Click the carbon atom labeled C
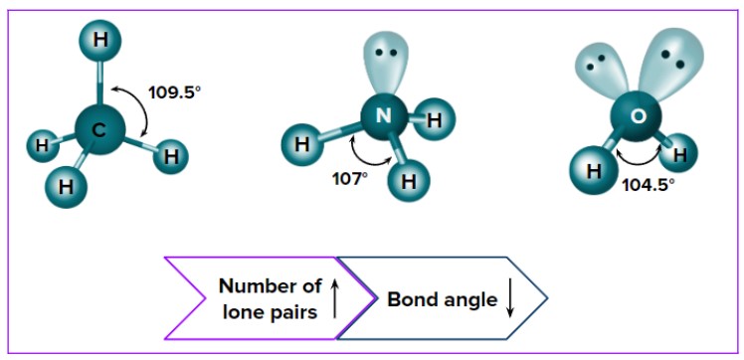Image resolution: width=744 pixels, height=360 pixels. click(x=99, y=130)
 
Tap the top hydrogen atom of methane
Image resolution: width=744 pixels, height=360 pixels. click(x=99, y=41)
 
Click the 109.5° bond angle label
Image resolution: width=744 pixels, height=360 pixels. click(x=175, y=91)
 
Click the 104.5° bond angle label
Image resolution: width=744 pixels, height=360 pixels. click(x=648, y=185)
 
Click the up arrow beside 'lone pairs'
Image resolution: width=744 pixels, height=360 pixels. click(x=334, y=298)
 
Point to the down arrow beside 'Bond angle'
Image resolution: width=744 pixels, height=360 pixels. click(x=509, y=299)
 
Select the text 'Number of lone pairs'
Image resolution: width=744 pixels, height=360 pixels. click(x=270, y=298)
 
